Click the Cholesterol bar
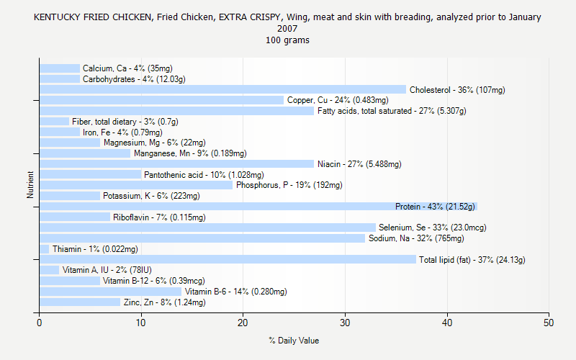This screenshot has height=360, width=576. [222, 90]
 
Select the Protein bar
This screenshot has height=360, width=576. [258, 207]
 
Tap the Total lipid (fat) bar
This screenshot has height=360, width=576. [228, 259]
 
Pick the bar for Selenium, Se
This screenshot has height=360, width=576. [207, 228]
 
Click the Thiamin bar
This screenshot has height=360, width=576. [44, 249]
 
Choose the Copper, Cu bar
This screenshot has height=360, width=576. [161, 100]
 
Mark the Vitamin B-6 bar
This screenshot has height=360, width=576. [110, 292]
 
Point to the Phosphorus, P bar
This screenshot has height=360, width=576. [136, 185]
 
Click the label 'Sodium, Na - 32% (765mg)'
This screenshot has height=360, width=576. [416, 238]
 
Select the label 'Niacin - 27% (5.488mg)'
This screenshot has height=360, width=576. [359, 164]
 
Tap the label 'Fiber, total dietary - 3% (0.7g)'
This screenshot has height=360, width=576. [125, 122]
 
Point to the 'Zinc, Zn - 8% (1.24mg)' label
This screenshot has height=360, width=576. [164, 302]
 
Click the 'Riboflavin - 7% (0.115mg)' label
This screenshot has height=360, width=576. [159, 217]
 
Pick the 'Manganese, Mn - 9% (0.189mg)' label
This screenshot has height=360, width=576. [190, 153]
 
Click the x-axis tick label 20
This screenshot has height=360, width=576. [243, 323]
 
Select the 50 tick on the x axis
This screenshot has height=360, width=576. [549, 323]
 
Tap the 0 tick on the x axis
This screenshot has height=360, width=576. [40, 323]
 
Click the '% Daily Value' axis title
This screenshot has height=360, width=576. [294, 341]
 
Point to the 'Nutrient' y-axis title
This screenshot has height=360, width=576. [30, 185]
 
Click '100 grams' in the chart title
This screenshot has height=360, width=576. [287, 40]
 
